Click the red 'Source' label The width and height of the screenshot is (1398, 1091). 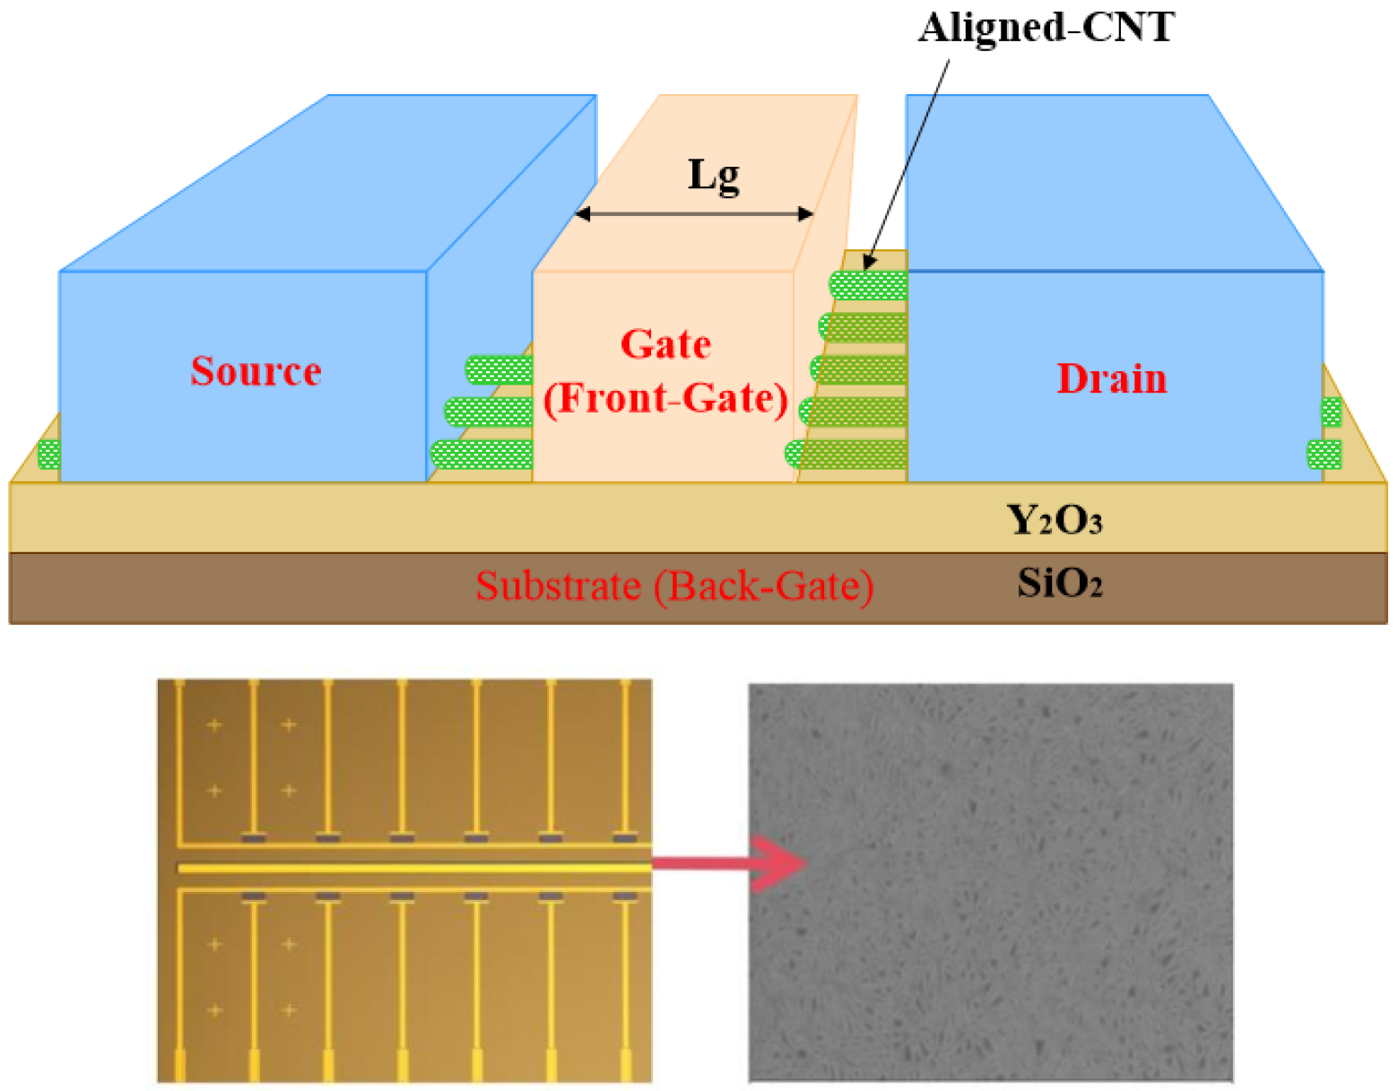click(x=256, y=371)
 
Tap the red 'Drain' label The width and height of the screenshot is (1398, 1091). click(x=1111, y=378)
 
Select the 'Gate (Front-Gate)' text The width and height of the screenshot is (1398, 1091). click(x=665, y=372)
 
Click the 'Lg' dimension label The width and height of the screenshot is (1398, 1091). click(x=714, y=175)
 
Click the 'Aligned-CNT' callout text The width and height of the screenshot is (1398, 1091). click(x=1046, y=27)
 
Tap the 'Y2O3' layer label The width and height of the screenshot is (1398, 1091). click(x=1054, y=520)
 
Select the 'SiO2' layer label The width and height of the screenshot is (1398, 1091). click(x=1059, y=584)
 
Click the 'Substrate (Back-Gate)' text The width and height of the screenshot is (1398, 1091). click(x=673, y=586)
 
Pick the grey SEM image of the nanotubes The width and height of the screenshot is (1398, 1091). click(x=990, y=882)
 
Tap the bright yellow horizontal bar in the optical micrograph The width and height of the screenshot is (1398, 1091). click(x=412, y=868)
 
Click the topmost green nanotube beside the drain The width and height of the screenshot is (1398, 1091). click(x=868, y=285)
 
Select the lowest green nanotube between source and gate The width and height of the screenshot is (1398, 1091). click(x=482, y=455)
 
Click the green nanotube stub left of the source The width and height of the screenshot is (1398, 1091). click(x=48, y=455)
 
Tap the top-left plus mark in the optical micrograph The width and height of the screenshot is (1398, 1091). click(x=214, y=724)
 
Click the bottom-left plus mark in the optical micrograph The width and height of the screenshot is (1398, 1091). click(x=214, y=1010)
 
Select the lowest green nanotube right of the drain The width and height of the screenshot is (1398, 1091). click(x=1324, y=455)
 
